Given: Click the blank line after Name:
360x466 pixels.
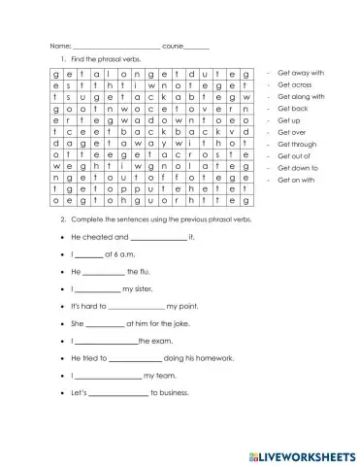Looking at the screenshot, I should click(116, 47).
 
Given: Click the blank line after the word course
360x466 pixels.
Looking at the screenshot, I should click(197, 47).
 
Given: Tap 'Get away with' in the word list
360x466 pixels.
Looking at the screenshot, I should click(300, 73).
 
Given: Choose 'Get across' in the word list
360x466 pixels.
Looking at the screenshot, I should click(295, 84).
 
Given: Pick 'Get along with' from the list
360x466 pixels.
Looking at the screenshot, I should click(301, 96).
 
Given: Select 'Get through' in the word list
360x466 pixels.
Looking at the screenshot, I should click(297, 144).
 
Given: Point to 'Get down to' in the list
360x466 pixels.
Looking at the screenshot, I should click(298, 168).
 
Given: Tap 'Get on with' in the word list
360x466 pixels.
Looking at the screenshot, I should click(296, 180).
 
